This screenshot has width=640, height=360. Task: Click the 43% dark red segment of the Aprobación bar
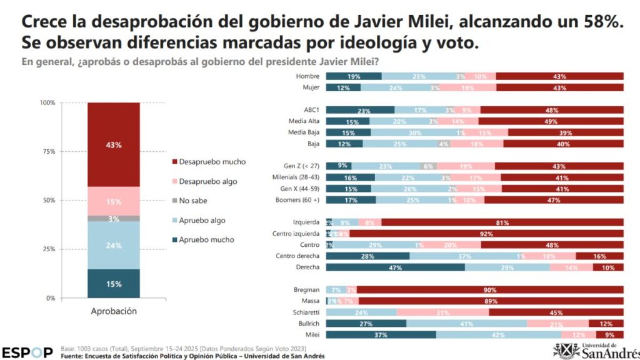point(113,144)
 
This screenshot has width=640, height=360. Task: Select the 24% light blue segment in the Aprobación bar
point(113,245)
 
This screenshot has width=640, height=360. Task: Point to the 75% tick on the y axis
point(47,151)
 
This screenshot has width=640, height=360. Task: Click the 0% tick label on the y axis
point(51,298)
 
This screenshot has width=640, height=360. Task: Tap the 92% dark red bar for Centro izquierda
point(486,233)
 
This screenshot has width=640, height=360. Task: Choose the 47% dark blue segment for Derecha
point(395,267)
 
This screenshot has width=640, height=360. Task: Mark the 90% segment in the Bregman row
point(489,290)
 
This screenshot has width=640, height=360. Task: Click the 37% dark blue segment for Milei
point(381,334)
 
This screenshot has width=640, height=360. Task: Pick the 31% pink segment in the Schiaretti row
point(442,312)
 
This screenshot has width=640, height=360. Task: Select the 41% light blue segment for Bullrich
point(466,323)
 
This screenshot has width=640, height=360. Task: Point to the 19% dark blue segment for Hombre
point(354,76)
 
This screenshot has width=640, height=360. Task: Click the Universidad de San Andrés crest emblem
point(566,350)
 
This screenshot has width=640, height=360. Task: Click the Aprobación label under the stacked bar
point(113,311)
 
